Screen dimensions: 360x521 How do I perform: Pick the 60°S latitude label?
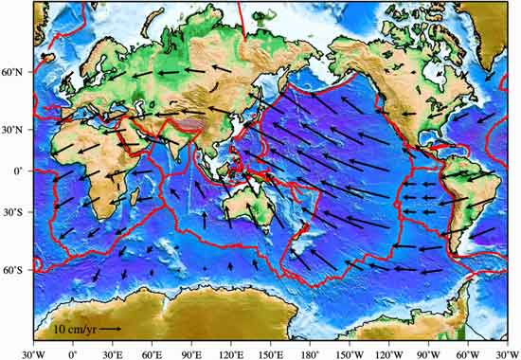[x=15, y=271]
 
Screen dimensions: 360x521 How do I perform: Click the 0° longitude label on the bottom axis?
[x=72, y=352]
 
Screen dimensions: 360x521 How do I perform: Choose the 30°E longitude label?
[x=111, y=352]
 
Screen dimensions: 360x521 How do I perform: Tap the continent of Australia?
[x=246, y=213]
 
